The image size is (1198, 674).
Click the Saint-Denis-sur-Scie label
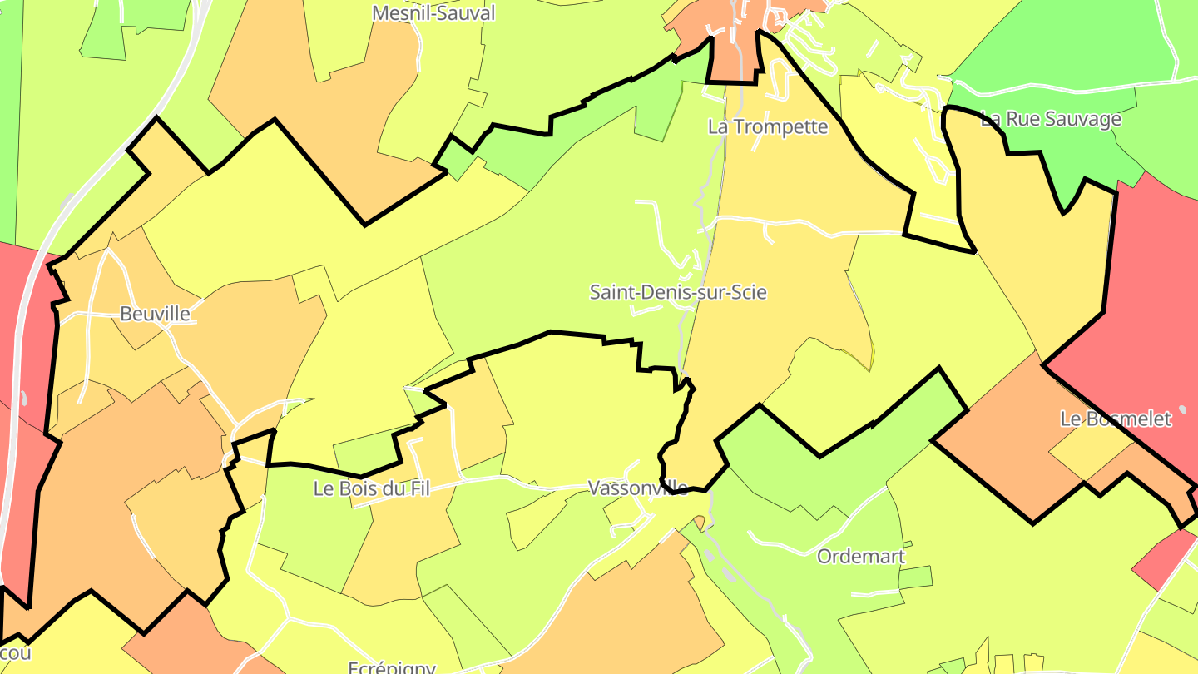[x=677, y=292]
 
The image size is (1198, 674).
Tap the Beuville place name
[x=155, y=314]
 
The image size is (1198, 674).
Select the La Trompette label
[x=768, y=126]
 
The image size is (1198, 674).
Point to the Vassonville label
[x=637, y=488]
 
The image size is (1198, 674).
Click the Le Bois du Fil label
[x=371, y=488]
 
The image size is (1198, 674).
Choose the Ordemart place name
[x=861, y=556]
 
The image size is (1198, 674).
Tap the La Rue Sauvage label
[x=1051, y=119]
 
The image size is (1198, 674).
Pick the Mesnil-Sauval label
[x=433, y=12]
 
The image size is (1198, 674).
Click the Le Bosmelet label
[x=1115, y=419]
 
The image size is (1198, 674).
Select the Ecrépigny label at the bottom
[x=391, y=667]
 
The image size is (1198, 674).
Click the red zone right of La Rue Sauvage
[x=1156, y=275]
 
